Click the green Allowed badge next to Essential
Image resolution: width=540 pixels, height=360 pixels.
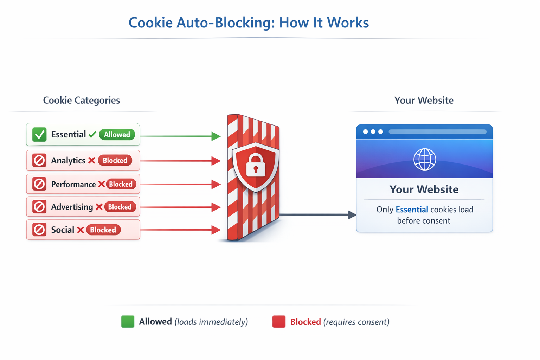(x=117, y=135)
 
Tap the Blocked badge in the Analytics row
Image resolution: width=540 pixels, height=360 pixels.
(x=115, y=161)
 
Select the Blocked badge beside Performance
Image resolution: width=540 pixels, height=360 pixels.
(x=121, y=184)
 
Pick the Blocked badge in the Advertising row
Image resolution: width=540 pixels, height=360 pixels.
(x=120, y=207)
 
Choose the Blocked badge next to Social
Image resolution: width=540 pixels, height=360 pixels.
(x=103, y=230)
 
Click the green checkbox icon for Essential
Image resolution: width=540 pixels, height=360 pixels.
(x=39, y=135)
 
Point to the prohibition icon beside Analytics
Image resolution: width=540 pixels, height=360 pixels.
(x=39, y=161)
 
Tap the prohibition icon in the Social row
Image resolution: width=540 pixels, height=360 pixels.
(x=39, y=230)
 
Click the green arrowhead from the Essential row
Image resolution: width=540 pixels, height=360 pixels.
(x=216, y=136)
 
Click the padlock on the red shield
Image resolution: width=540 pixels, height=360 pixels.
(x=256, y=165)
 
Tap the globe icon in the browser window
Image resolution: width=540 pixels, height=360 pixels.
(x=425, y=159)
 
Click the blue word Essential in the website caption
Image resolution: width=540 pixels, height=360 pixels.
(x=412, y=210)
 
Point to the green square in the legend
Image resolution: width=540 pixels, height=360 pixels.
(x=128, y=322)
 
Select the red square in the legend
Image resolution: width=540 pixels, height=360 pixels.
(x=279, y=322)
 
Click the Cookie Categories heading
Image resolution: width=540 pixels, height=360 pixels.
(x=81, y=101)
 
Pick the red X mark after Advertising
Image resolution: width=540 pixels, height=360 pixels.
(x=99, y=207)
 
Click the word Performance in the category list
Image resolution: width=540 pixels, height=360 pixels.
(x=73, y=185)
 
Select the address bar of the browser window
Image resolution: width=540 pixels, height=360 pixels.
(x=437, y=132)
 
